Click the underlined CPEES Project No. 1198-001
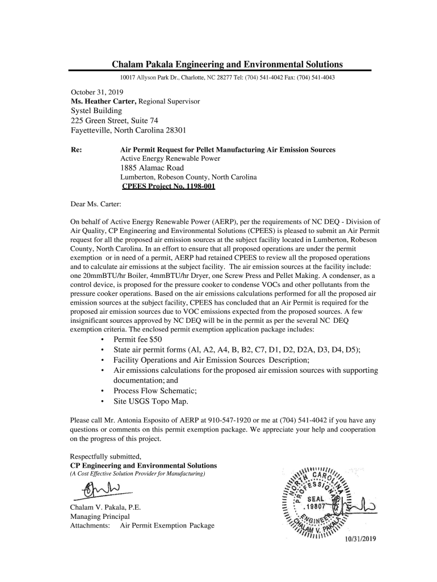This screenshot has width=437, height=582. (169, 186)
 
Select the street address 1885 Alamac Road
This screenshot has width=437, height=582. (152, 168)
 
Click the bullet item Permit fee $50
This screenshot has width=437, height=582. (138, 339)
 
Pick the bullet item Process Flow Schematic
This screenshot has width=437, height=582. (155, 390)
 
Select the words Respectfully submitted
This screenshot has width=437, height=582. (105, 456)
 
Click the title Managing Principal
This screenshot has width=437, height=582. (99, 517)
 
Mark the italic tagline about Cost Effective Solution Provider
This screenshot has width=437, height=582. (137, 473)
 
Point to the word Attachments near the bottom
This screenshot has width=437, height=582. (89, 526)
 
